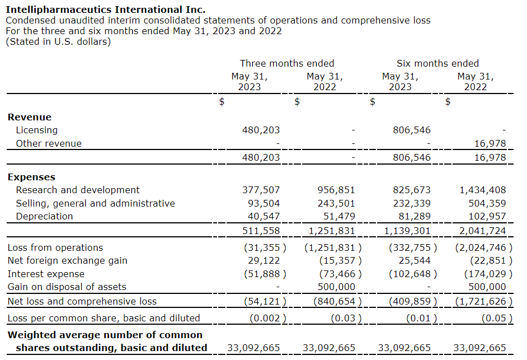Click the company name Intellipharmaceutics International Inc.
[105, 10]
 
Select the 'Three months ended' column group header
[287, 63]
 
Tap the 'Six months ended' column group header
[437, 63]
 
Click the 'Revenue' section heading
[30, 117]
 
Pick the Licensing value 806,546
[412, 130]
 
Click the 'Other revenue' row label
[49, 143]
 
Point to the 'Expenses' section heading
[31, 177]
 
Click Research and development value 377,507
[261, 190]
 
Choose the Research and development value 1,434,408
[482, 190]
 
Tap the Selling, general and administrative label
[95, 203]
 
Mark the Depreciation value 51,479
[336, 216]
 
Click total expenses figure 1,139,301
[407, 231]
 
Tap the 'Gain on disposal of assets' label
[67, 287]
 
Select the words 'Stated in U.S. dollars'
[58, 41]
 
